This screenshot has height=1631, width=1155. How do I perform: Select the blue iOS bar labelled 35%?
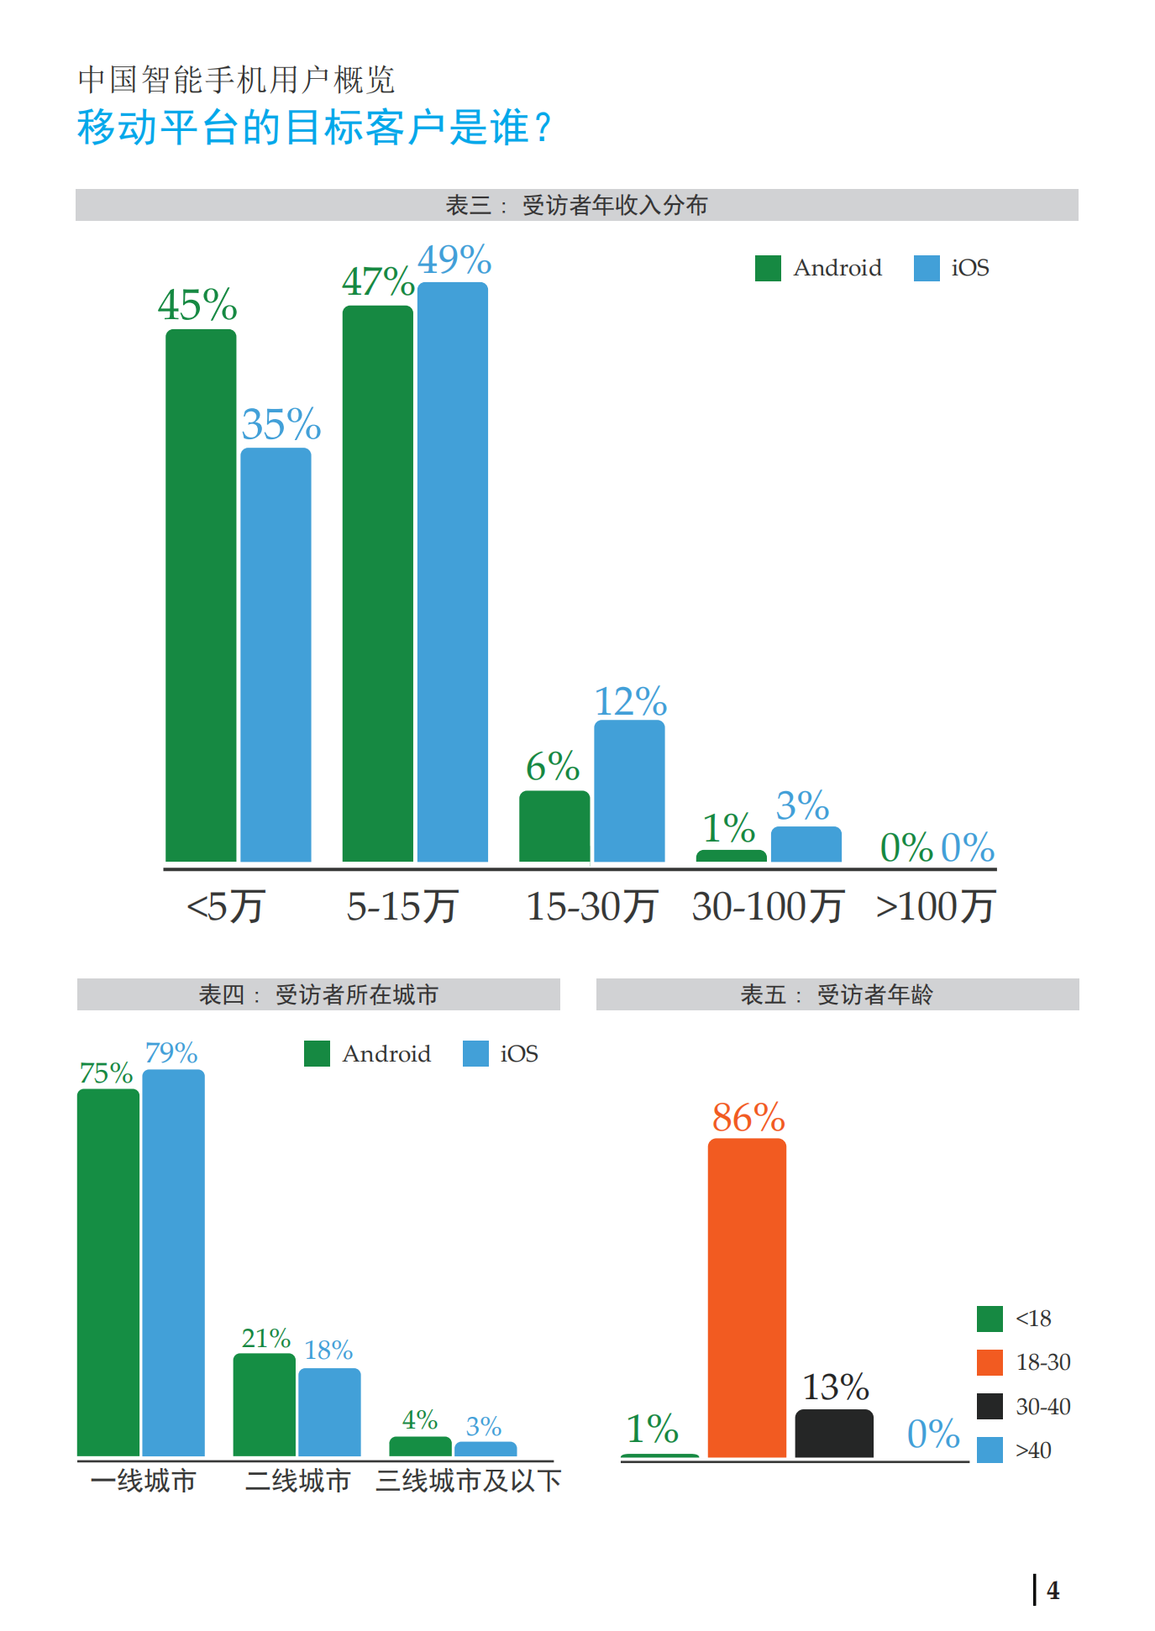point(276,654)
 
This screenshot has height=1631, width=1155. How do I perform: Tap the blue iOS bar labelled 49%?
point(453,571)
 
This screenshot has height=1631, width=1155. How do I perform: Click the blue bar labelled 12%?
point(629,790)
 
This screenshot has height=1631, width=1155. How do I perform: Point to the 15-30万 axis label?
point(591,907)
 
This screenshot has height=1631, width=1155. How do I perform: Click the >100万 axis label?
point(935,907)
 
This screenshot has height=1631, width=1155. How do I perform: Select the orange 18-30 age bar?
point(747,1298)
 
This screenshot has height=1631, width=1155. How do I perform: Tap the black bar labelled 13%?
point(834,1433)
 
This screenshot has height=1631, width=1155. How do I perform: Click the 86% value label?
point(748,1118)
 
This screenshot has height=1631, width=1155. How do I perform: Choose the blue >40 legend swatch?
point(990,1450)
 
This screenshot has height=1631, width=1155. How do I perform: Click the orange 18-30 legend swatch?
point(990,1362)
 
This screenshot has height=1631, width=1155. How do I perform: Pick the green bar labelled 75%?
point(108,1272)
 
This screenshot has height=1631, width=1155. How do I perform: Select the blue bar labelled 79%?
point(174,1262)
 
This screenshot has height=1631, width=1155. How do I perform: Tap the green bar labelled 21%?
point(265,1404)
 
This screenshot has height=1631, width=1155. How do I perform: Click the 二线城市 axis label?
point(298,1481)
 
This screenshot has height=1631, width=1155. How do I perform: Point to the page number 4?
point(1053,1590)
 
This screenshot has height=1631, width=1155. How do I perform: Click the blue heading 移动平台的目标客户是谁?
point(315,128)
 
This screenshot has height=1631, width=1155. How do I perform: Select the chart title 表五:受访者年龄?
point(837,995)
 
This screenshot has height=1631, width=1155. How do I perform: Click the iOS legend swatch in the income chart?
point(927,268)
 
